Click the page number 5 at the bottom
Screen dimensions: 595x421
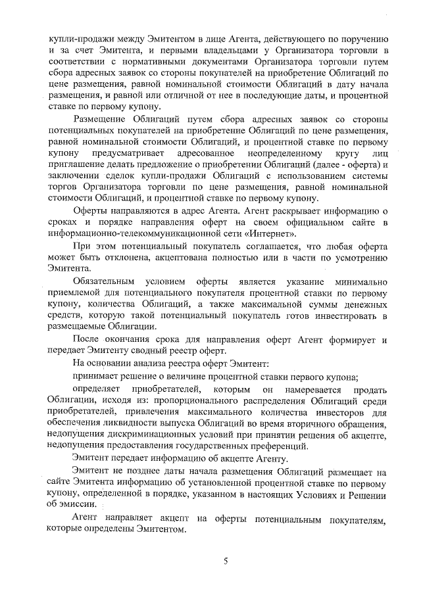tap(225, 561)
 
